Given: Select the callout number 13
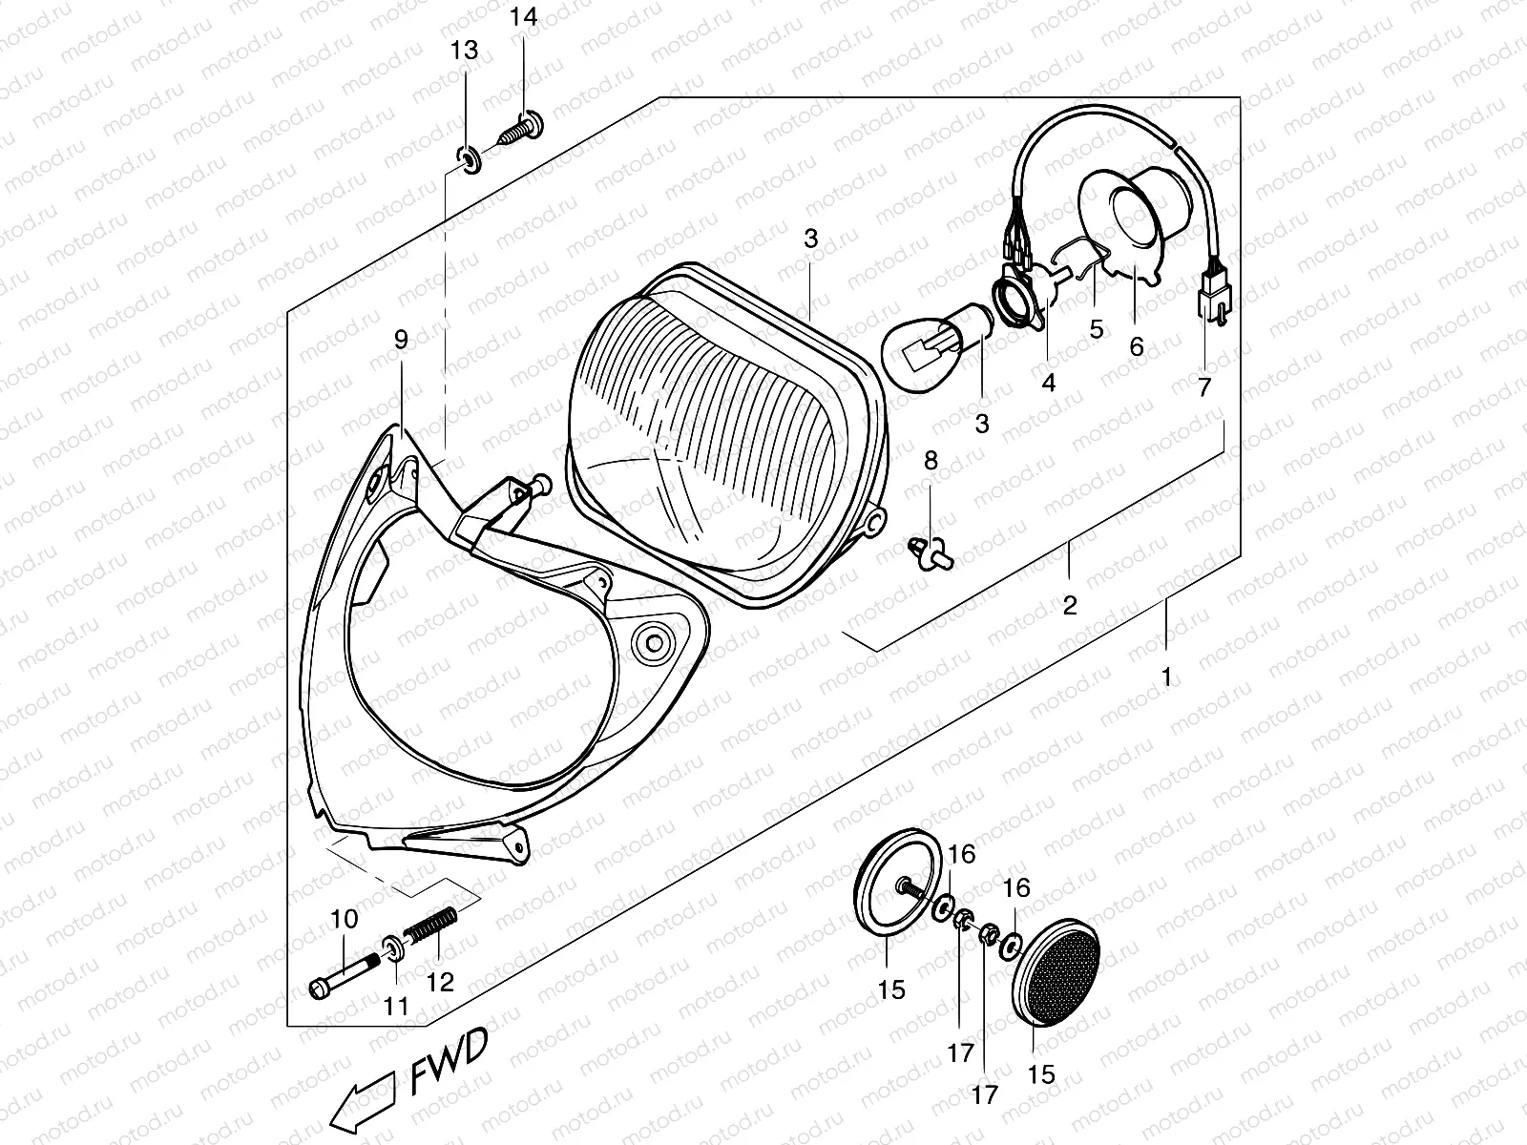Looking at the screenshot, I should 464,51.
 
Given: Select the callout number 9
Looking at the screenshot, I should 400,339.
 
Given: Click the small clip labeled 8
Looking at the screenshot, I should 927,551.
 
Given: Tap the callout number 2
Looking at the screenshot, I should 1069,605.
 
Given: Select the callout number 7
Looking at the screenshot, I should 1203,387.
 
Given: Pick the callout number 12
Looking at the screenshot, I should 441,981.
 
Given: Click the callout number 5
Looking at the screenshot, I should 1096,329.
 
